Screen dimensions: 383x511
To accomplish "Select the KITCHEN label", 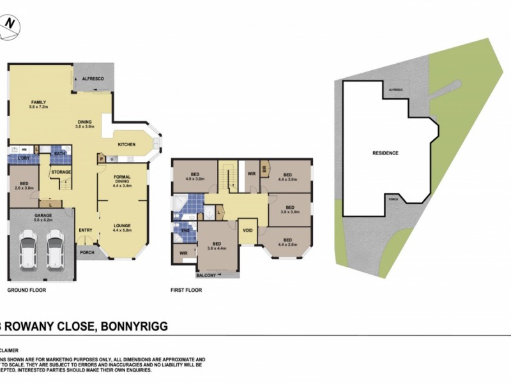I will click(126, 145).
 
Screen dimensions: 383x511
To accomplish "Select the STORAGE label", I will click(61, 172).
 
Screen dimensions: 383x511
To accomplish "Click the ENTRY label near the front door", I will click(85, 230).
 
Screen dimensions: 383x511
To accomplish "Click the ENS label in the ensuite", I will click(186, 231).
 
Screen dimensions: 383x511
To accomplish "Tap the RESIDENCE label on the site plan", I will click(385, 153).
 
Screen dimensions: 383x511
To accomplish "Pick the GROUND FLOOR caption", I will click(26, 290).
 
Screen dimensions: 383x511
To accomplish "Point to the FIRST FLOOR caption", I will click(187, 290).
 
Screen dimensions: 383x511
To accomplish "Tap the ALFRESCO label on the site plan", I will click(396, 91).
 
